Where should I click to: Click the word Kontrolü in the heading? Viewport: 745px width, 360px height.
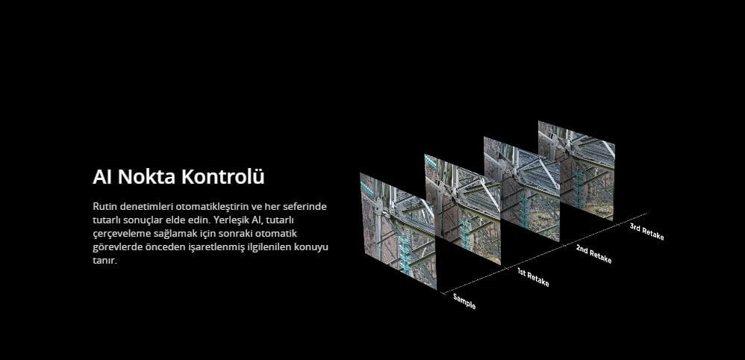point(223,176)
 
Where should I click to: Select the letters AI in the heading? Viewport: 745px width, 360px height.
point(102,176)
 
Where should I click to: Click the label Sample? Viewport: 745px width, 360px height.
point(464,302)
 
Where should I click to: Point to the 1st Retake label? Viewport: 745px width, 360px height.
point(533,277)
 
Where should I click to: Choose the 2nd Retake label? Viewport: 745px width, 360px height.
point(593,254)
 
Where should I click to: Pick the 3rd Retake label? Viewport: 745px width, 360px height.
point(646,232)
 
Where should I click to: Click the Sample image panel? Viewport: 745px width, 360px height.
point(398,231)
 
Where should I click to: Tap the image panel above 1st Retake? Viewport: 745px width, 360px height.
point(462,209)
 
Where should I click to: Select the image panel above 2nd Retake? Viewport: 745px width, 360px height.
point(522,189)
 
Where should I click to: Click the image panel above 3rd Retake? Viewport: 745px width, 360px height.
point(576,171)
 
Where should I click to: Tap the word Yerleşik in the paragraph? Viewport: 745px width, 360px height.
point(231,220)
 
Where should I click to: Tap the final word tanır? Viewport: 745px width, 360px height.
point(105,261)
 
